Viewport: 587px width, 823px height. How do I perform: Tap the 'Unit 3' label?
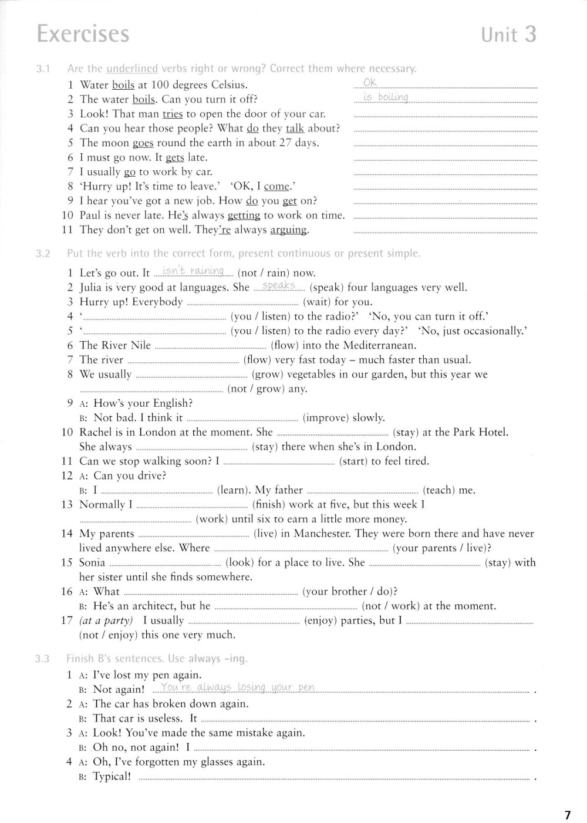coord(508,35)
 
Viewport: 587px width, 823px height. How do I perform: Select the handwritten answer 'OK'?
coord(370,82)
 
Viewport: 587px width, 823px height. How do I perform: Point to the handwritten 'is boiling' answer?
coord(385,97)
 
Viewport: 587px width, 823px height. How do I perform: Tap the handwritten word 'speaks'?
coord(279,285)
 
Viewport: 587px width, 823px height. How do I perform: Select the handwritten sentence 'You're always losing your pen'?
coord(238,687)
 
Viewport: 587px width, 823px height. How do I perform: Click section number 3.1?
coord(42,69)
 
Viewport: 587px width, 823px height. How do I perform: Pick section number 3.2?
coord(42,254)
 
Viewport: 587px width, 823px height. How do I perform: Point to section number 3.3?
coord(42,659)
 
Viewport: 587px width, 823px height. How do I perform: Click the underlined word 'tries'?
coord(172,114)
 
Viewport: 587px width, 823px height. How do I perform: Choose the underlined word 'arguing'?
coord(288,230)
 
